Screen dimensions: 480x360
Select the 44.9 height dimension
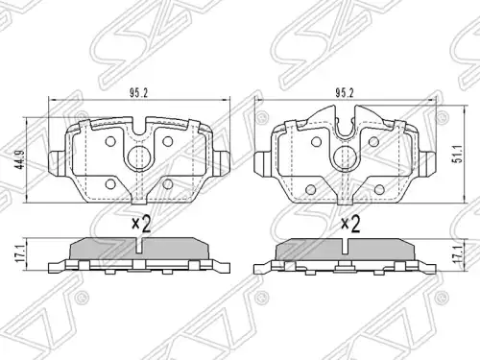pos(21,159)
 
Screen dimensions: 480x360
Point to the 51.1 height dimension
pos(458,154)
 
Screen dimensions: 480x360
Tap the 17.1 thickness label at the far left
pos(20,254)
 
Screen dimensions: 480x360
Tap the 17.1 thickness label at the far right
pos(459,254)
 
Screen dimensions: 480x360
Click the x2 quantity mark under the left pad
pos(141,224)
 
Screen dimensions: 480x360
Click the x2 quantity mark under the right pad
pos(350,224)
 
